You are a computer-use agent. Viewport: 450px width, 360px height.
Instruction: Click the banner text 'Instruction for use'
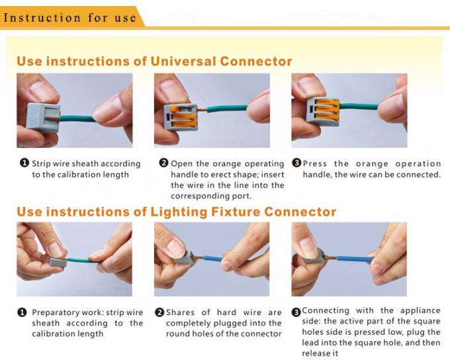coord(69,18)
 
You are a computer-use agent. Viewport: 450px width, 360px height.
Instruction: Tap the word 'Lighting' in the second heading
coord(179,212)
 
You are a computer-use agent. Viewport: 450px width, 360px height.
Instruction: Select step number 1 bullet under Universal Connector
coord(24,163)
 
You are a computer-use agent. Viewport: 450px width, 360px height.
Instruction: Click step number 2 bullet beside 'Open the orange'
coord(163,163)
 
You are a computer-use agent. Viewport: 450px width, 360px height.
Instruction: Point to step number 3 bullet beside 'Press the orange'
coord(296,163)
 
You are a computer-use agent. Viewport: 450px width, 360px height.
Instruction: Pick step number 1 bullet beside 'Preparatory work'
coord(22,312)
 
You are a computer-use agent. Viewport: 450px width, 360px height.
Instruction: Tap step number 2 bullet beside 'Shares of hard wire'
coord(159,312)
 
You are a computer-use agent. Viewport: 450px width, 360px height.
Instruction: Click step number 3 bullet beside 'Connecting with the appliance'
coord(296,312)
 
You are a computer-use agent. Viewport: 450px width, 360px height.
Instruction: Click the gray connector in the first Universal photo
coord(43,117)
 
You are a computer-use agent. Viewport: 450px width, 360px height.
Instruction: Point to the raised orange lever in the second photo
coord(180,109)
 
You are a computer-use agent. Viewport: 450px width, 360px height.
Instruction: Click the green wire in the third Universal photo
coord(359,107)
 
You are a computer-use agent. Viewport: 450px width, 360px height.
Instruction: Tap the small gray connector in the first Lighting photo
coord(58,262)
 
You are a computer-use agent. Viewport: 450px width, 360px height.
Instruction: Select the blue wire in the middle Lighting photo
coord(213,258)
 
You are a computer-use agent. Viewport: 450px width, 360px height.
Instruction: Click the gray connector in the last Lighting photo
coord(314,255)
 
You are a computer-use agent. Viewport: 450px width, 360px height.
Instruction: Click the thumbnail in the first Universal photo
coord(42,88)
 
